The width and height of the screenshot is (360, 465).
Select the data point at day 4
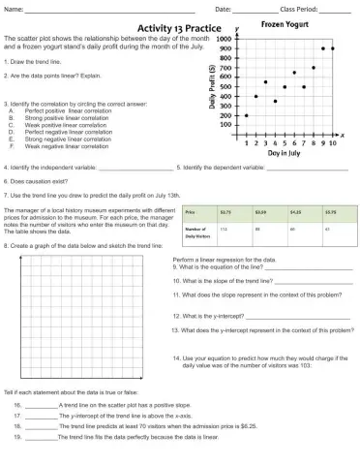coord(275,101)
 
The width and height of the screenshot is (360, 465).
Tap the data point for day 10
coord(333,48)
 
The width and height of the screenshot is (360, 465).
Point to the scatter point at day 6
coord(294,73)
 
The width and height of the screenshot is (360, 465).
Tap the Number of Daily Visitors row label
coord(197,232)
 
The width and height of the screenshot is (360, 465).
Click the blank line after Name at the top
coord(106,9)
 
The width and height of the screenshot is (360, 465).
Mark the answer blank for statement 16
coord(41,403)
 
